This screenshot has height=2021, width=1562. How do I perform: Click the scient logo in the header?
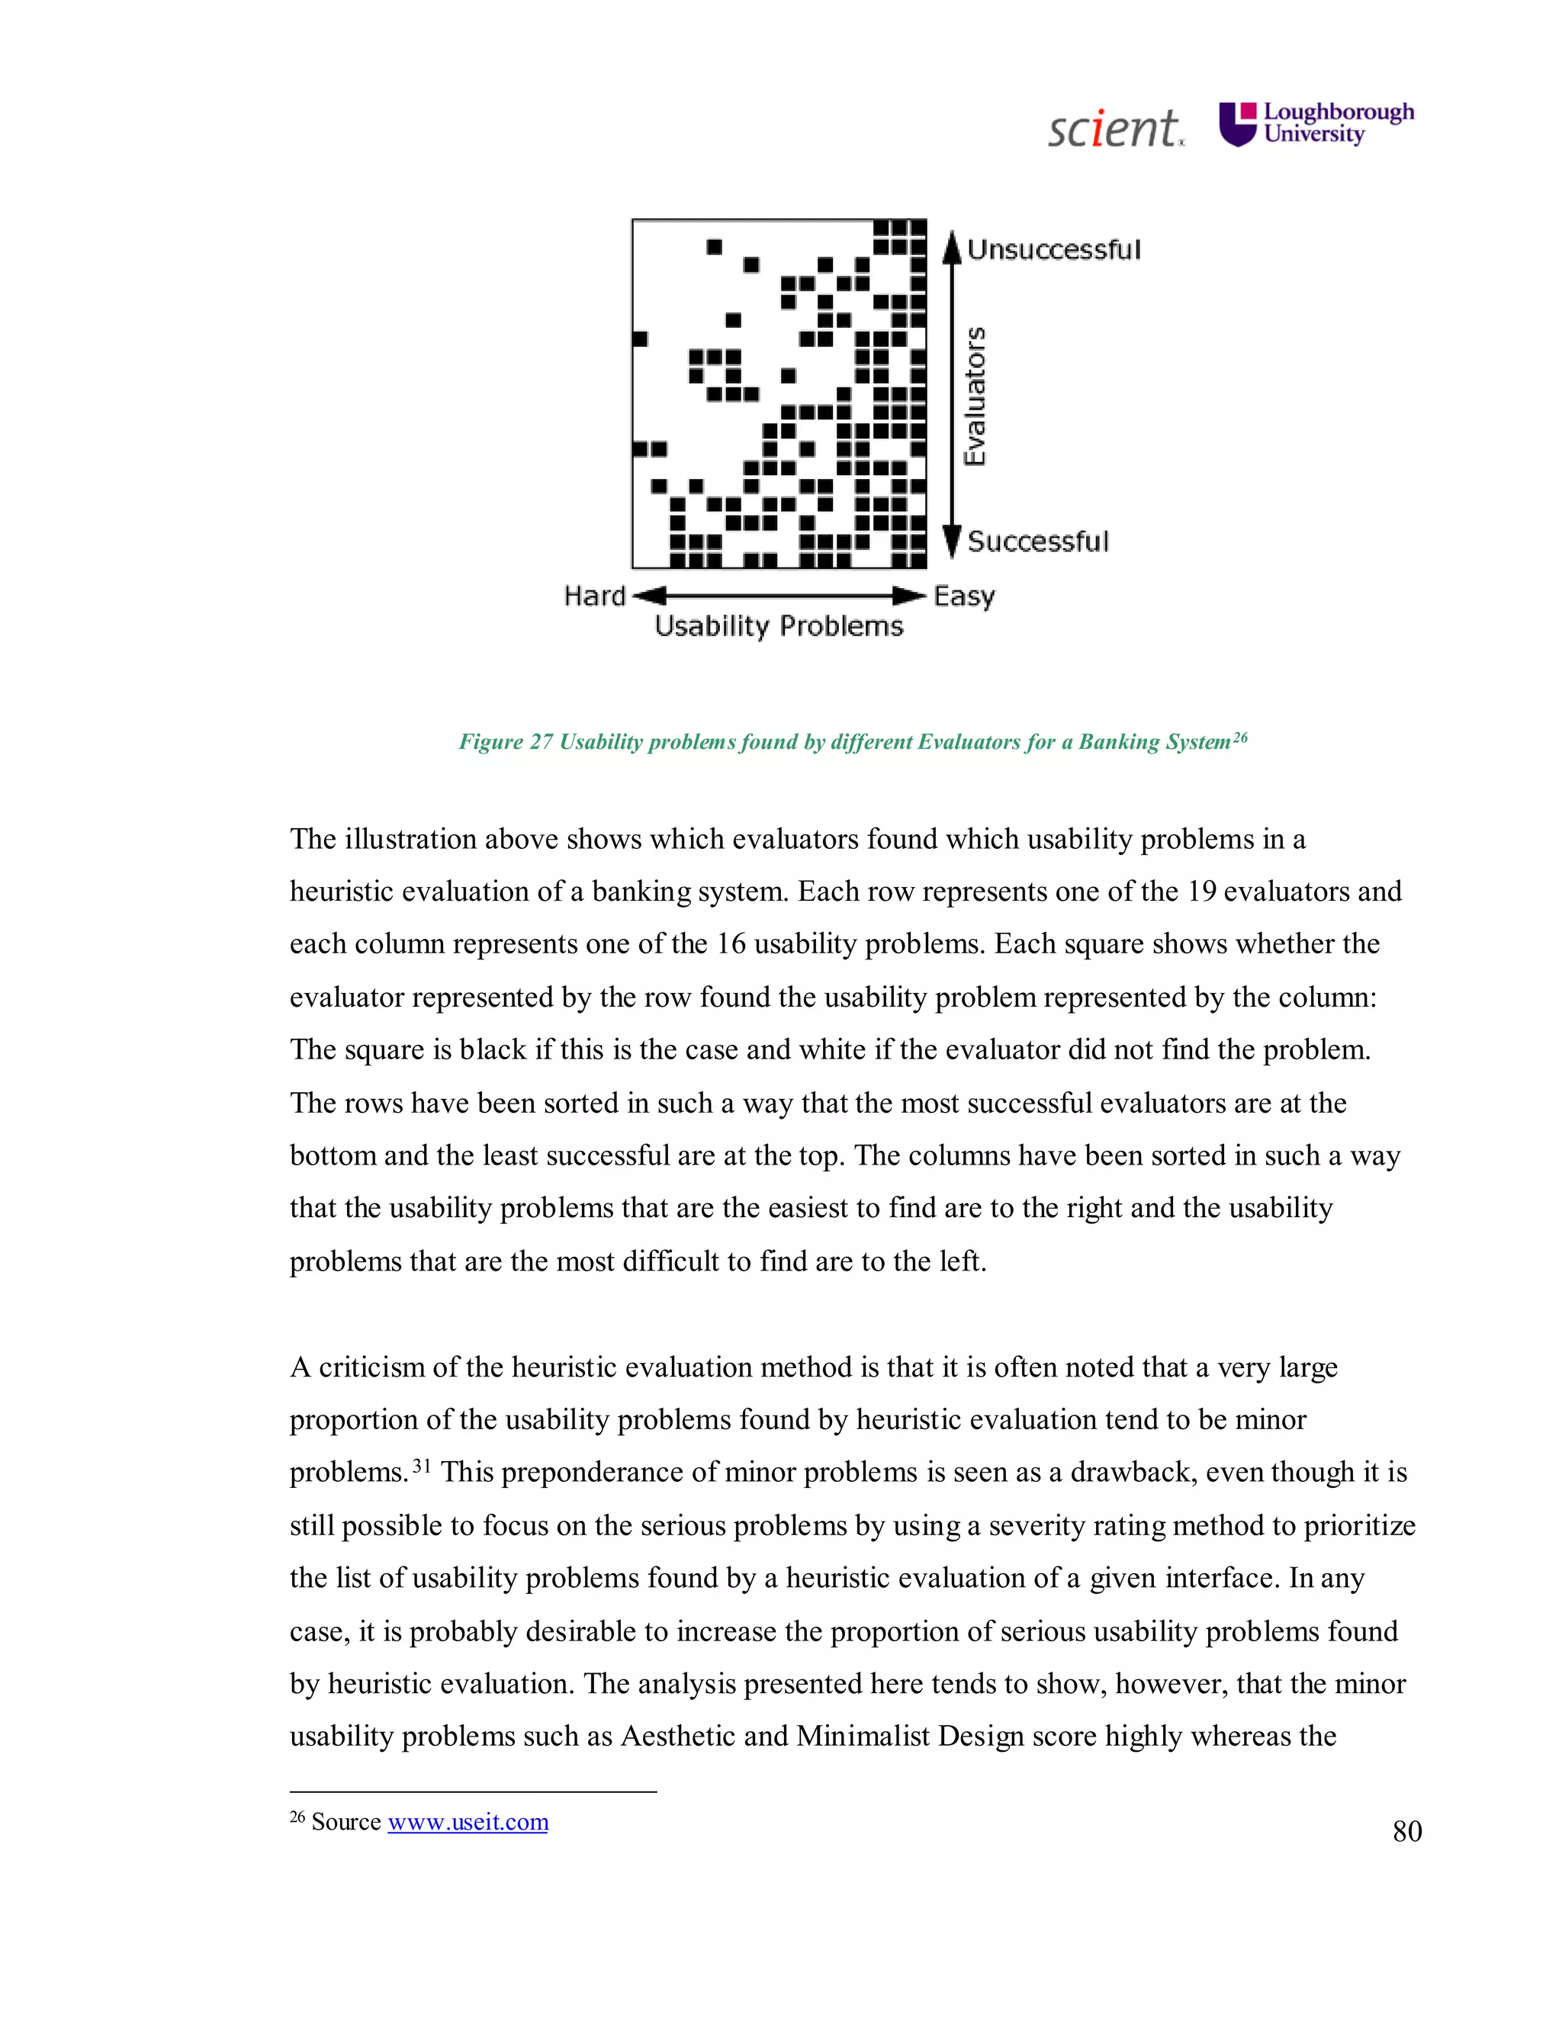1114,129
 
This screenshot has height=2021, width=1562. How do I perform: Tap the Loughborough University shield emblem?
1238,125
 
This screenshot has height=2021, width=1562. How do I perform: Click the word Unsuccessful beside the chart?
1053,250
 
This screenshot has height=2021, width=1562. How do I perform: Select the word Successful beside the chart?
1037,541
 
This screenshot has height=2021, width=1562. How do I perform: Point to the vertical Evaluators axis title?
975,396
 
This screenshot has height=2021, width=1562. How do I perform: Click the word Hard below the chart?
594,596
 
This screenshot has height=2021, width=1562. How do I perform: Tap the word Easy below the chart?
963,596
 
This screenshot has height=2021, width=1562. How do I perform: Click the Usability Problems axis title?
778,626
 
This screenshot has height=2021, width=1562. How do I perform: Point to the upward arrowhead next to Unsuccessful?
951,247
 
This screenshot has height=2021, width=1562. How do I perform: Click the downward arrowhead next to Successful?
951,542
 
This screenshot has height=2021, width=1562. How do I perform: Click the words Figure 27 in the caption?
505,742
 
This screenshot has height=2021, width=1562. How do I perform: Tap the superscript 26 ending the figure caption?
1240,737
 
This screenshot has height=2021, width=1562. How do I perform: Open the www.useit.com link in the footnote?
468,1822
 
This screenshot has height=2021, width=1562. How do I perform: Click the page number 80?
1406,1831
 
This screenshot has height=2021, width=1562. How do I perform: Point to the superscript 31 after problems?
421,1466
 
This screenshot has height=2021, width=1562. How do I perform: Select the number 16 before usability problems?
730,944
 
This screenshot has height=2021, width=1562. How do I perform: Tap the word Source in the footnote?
346,1822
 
